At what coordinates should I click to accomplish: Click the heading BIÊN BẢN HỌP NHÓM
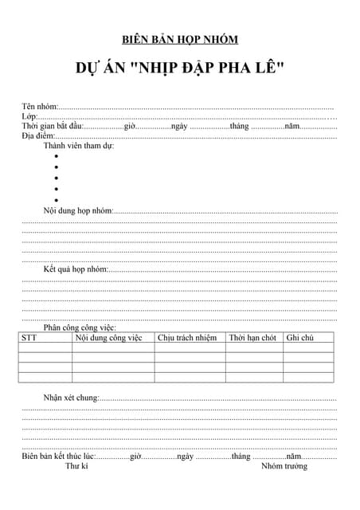[x=180, y=39]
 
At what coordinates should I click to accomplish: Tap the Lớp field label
[x=29, y=116]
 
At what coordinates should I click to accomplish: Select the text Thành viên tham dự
[x=79, y=146]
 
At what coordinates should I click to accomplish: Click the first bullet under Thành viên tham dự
[x=57, y=156]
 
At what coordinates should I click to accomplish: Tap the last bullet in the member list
[x=57, y=199]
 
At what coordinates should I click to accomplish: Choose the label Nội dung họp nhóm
[x=78, y=210]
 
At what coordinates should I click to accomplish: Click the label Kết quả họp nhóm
[x=75, y=269]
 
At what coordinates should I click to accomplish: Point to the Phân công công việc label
[x=80, y=328]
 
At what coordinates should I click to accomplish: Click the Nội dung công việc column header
[x=108, y=338]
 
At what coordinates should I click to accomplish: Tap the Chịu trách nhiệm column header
[x=187, y=338]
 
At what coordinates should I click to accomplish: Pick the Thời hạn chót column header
[x=252, y=338]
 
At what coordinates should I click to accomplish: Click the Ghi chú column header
[x=300, y=338]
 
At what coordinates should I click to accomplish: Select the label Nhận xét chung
[x=71, y=397]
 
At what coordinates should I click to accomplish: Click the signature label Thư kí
[x=76, y=466]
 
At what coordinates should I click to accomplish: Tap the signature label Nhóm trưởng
[x=284, y=466]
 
